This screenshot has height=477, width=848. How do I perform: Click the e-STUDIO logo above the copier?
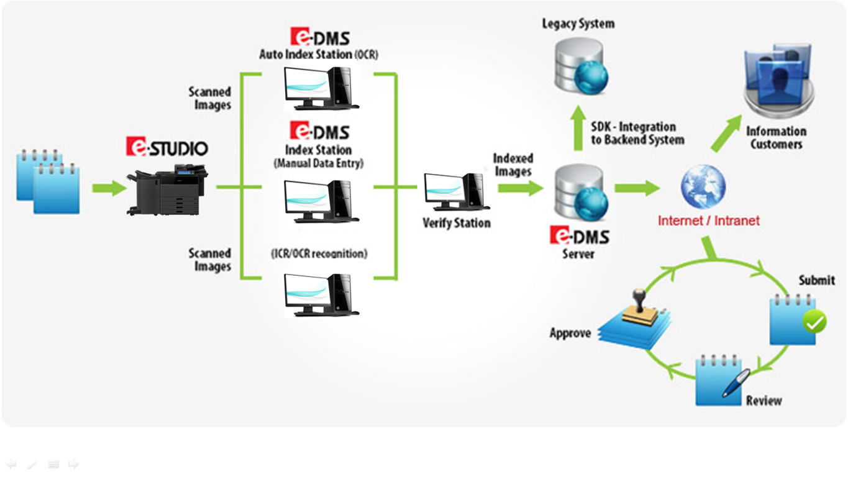pos(167,147)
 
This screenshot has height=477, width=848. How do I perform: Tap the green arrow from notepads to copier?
pos(109,188)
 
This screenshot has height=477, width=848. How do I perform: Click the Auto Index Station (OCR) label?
pos(319,55)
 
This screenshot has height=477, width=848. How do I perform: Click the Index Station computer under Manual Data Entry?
pos(321,201)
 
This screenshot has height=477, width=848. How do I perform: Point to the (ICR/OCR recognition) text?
pos(319,253)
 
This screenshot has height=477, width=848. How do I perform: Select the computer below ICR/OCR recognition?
pos(321,294)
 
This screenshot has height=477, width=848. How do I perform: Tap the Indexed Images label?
pos(513,165)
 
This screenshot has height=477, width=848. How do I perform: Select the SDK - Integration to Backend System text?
pos(637,134)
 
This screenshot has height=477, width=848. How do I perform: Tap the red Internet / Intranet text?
pos(708,220)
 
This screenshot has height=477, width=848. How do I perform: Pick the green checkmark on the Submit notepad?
pos(814,322)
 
